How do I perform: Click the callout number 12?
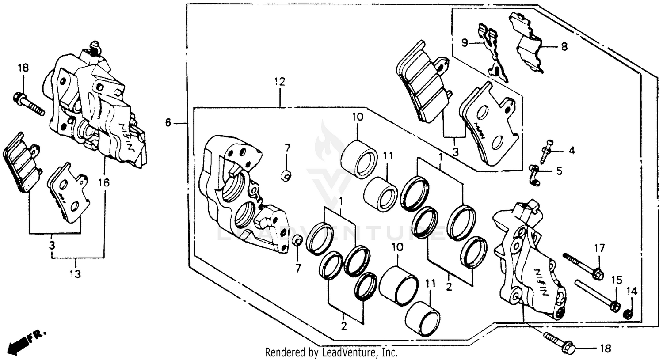coord(279,82)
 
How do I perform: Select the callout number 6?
coord(168,123)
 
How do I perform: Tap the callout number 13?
coord(75,274)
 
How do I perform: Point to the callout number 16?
coord(104,182)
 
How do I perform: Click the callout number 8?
coord(564,46)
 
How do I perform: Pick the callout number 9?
coord(465,43)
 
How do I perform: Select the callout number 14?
coord(632,291)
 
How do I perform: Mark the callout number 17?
coord(599,249)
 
